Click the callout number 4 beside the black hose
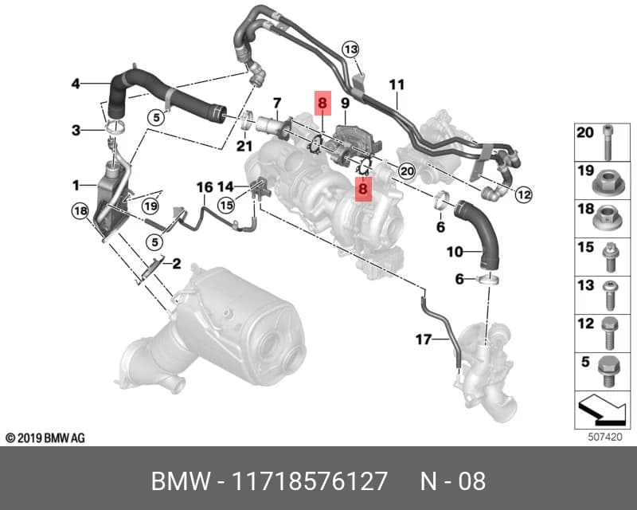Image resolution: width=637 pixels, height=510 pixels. (76, 84)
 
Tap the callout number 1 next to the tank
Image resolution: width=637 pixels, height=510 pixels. (76, 186)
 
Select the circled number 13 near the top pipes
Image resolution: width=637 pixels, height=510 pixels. (350, 49)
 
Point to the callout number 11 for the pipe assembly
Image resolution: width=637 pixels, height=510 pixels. (397, 84)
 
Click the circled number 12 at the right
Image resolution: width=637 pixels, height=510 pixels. (523, 194)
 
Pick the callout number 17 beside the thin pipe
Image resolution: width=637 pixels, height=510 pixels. (424, 339)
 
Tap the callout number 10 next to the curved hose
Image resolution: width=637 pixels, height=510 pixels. (455, 252)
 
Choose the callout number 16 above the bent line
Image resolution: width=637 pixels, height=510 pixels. (205, 187)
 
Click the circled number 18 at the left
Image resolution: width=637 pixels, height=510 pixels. (80, 210)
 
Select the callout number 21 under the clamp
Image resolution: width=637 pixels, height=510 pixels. (244, 146)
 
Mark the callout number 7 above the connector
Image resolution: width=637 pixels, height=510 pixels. (277, 104)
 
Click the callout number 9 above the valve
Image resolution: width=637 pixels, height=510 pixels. (345, 104)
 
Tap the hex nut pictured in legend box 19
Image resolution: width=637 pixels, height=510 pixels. (607, 183)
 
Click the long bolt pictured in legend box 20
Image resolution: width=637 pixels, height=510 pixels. (608, 142)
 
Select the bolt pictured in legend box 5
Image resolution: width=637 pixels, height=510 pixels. (608, 371)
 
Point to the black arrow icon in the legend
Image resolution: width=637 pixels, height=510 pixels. (602, 410)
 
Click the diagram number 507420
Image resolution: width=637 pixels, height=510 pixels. (605, 437)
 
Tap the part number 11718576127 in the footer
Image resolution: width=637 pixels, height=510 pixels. (310, 481)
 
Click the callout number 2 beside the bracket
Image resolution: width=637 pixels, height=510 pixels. (176, 264)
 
